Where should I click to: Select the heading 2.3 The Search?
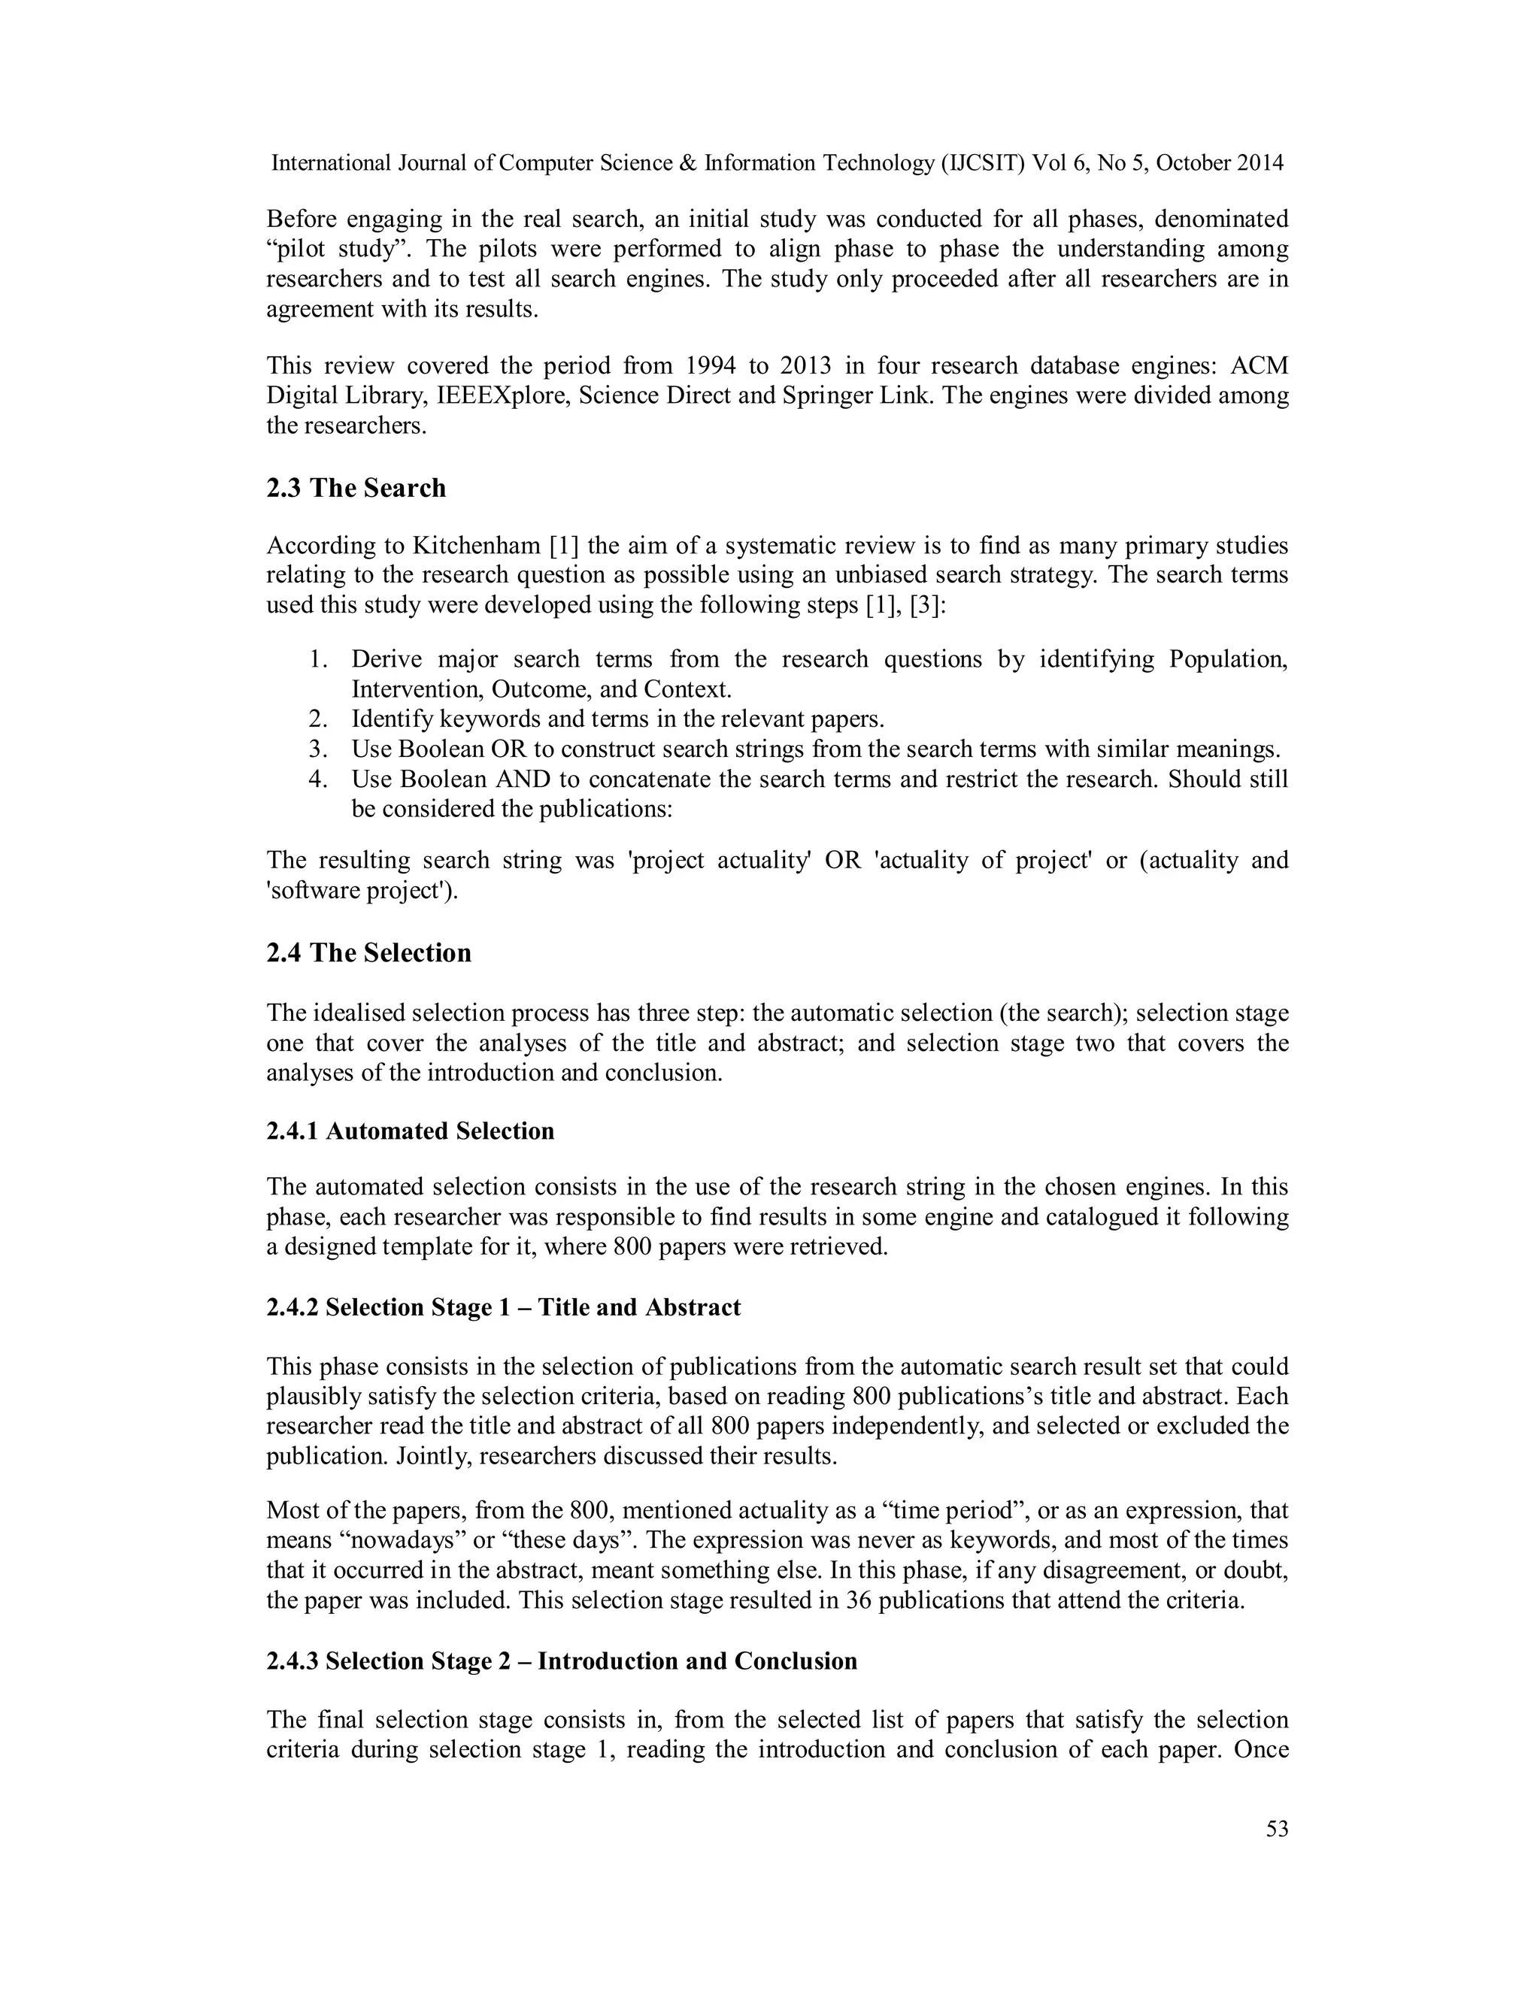(356, 488)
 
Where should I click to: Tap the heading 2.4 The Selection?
(368, 952)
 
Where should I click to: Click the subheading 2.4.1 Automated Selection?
(410, 1131)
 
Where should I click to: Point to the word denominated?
(1214, 219)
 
